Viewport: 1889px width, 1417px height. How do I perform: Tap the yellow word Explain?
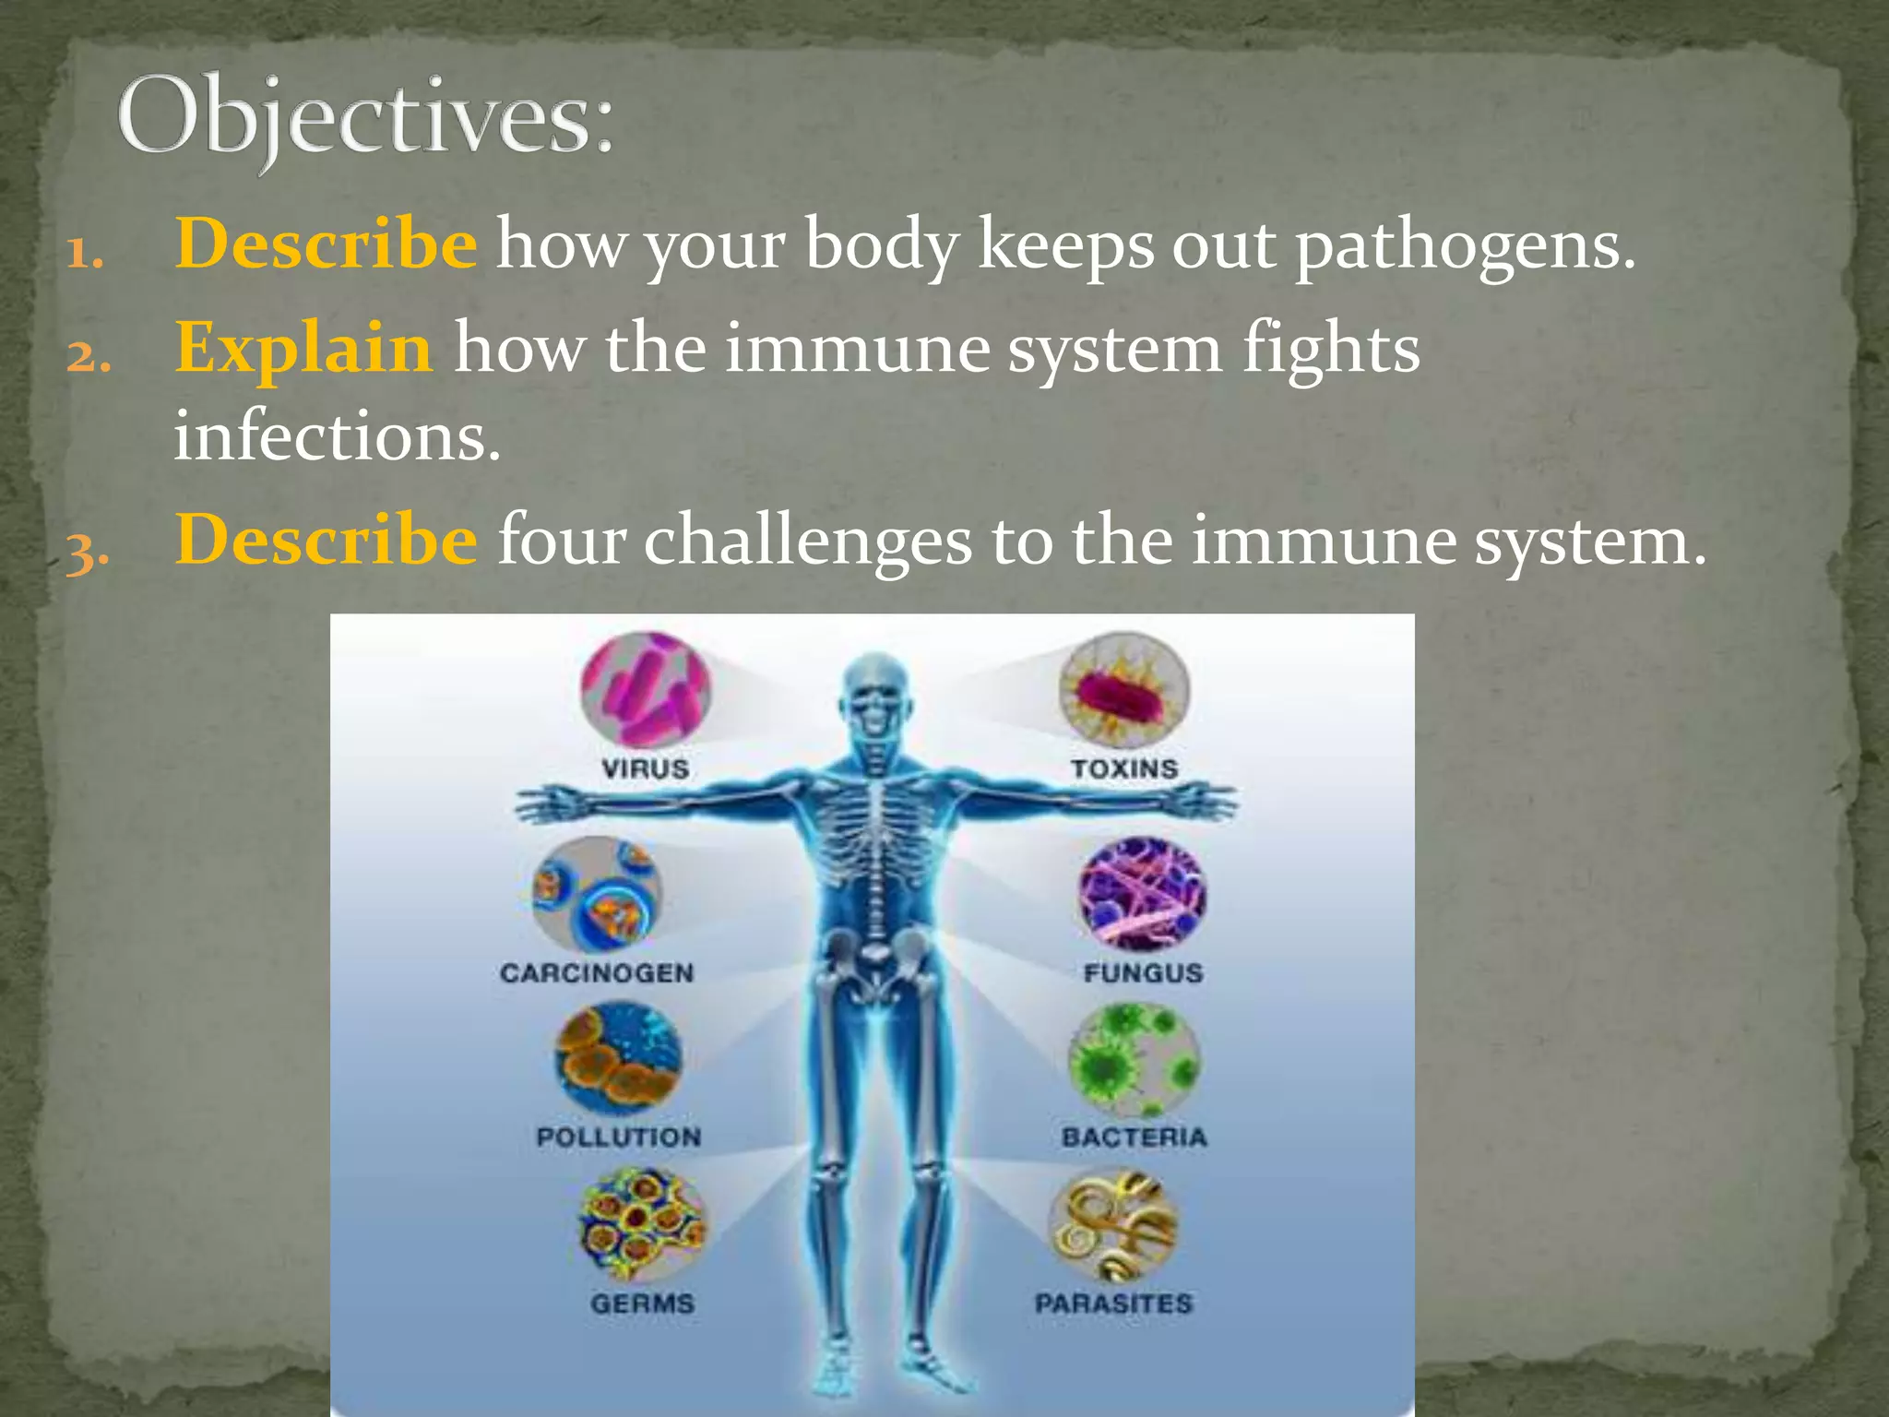(303, 349)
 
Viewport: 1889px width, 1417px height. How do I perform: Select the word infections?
(337, 436)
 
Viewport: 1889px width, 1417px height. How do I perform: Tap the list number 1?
(84, 253)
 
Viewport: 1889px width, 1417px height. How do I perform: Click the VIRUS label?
(645, 768)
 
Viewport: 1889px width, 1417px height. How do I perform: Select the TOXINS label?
(1124, 768)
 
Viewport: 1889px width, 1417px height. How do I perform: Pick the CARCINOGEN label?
(597, 973)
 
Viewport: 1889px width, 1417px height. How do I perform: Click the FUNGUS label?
(1143, 973)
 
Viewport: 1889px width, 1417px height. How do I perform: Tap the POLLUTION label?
(619, 1137)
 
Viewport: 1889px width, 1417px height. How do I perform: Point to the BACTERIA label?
(1134, 1137)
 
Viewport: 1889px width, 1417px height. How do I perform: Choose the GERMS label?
(643, 1304)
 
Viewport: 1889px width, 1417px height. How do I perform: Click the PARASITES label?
(1113, 1304)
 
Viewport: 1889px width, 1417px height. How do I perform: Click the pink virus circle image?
(646, 689)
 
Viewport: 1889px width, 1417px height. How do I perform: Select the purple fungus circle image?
(1143, 893)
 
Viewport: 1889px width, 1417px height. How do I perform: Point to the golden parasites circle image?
(1113, 1226)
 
